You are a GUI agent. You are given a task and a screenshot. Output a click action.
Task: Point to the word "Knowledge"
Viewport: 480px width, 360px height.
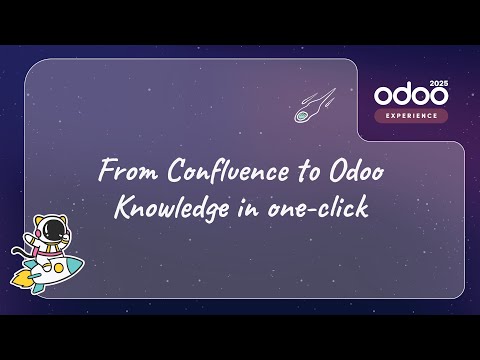click(x=162, y=211)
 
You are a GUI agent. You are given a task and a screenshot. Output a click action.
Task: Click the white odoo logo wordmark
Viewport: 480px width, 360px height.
click(x=410, y=95)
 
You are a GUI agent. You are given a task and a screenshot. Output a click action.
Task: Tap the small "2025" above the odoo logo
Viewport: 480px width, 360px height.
click(x=437, y=82)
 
